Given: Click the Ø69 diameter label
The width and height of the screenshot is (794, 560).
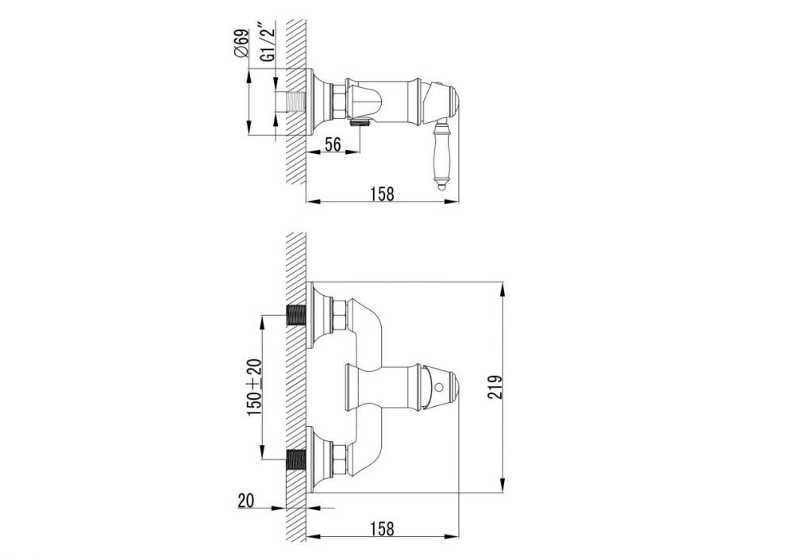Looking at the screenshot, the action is coord(242,44).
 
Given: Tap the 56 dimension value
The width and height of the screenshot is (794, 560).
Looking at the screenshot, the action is coord(332,144).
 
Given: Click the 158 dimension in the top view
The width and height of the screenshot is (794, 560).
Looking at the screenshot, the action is coord(383,194).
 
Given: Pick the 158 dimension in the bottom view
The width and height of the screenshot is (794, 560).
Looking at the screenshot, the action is coord(383,528).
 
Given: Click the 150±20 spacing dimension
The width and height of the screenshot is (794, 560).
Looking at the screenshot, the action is coord(254,388).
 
